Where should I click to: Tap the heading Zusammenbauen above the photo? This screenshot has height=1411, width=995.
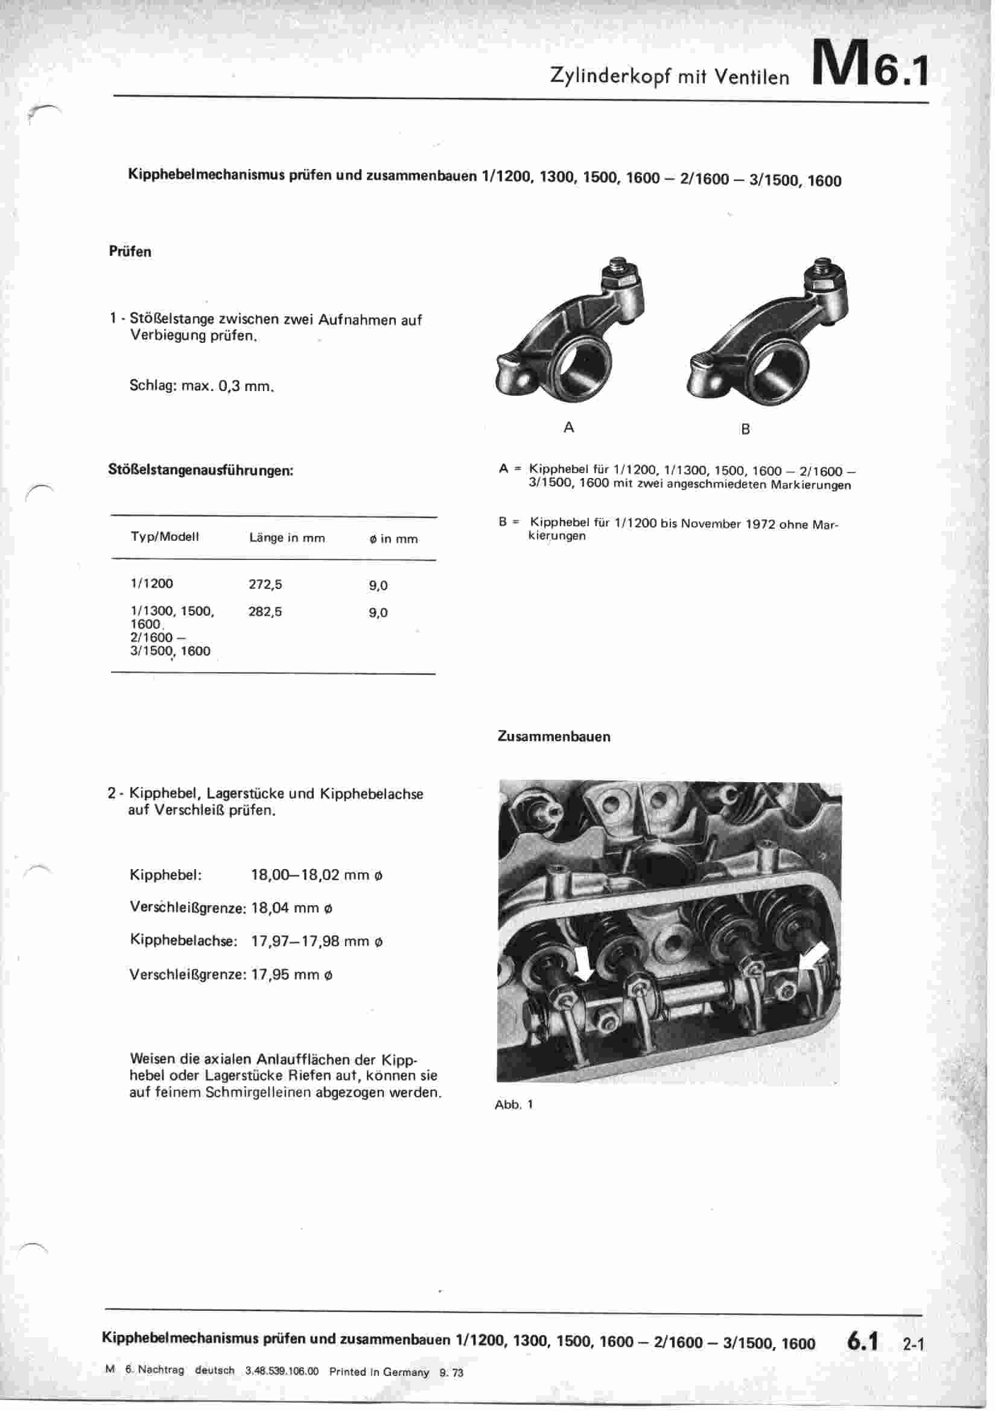(x=554, y=736)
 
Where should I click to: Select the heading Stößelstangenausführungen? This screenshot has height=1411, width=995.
(x=200, y=471)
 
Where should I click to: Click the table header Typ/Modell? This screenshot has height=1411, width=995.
(x=165, y=537)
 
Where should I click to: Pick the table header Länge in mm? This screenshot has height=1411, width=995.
(x=287, y=538)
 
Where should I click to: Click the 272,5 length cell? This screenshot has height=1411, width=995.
(x=265, y=584)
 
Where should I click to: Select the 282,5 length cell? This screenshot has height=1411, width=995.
(x=265, y=612)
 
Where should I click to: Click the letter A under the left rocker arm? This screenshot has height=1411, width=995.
(x=568, y=427)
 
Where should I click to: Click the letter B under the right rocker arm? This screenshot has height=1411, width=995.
(x=745, y=429)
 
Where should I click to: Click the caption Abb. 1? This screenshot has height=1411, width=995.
(x=513, y=1104)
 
